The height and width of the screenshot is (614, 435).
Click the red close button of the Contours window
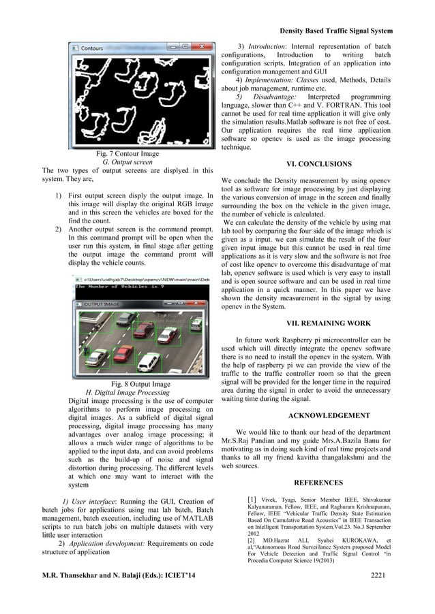point(204,49)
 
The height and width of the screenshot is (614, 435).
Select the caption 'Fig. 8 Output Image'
point(140,384)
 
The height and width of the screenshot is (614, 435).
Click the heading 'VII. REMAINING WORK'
point(320,323)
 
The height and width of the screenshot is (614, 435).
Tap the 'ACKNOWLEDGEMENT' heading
point(329,415)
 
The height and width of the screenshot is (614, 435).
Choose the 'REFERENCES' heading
point(318,483)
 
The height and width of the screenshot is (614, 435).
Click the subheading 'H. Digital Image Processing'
point(127,393)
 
